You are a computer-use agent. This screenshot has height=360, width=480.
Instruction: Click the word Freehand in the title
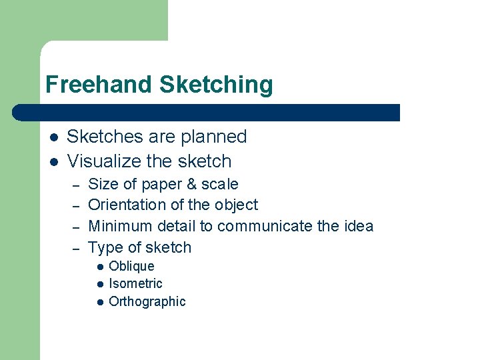[99, 85]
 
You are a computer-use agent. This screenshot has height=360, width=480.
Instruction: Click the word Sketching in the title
[217, 85]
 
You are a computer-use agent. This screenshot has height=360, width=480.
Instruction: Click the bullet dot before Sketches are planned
[54, 137]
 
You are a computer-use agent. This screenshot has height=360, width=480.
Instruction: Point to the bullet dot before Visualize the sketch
[54, 161]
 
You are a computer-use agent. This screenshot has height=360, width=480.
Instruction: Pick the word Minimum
[121, 226]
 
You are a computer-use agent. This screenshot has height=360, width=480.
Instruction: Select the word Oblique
[131, 266]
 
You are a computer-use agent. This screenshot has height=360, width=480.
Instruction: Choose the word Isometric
[135, 283]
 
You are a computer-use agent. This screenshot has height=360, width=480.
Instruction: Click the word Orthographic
[147, 301]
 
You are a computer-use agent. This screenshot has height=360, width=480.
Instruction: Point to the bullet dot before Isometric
[99, 284]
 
